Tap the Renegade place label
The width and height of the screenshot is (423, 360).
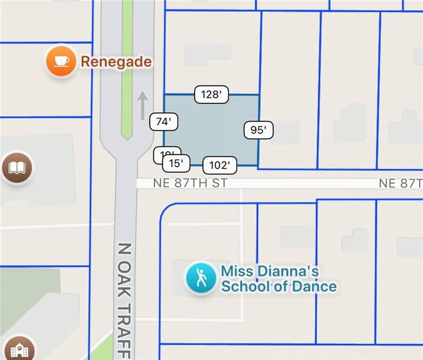tap(116, 62)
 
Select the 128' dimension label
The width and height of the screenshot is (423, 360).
tap(211, 95)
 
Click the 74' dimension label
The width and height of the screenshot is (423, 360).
tap(163, 122)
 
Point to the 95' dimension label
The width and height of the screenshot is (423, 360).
tap(259, 130)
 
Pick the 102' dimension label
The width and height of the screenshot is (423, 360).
tap(219, 165)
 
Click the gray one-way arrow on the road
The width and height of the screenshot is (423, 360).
tap(142, 105)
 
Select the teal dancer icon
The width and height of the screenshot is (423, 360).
tap(200, 278)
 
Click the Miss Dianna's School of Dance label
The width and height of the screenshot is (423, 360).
tap(278, 279)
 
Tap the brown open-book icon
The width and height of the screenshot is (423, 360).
tap(16, 169)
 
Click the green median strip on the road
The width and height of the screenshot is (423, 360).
tap(127, 69)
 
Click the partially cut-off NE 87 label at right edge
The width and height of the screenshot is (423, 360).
tap(401, 183)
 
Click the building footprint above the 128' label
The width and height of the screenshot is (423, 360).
tap(207, 53)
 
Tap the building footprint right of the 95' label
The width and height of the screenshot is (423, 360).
tap(286, 132)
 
